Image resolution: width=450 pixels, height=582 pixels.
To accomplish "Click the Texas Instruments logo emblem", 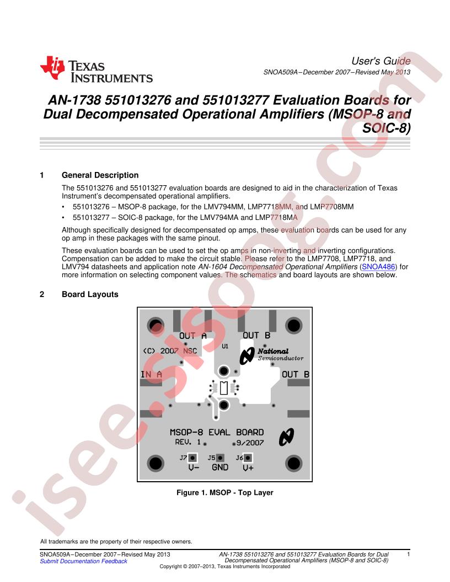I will [x=52, y=68].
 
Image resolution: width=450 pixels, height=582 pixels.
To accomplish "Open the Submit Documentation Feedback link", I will [x=83, y=561].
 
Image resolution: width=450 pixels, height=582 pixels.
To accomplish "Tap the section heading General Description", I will [x=100, y=175].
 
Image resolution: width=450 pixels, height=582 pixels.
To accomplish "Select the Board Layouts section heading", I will [x=90, y=294].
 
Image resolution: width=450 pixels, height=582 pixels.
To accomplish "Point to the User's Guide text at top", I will [x=381, y=61].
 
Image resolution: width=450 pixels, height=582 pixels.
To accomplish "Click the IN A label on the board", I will [x=151, y=374].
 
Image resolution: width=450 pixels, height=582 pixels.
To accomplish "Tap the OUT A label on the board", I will [x=193, y=336].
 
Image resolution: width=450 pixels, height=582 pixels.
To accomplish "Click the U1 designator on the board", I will [x=224, y=347].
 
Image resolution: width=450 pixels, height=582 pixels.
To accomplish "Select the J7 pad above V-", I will [x=192, y=457].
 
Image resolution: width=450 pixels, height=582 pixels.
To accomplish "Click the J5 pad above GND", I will [x=220, y=457].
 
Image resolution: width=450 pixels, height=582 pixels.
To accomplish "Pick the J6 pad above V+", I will [x=248, y=457].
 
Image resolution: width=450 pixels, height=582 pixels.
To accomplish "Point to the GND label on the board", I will [x=220, y=468].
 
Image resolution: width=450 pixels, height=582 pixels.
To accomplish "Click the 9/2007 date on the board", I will [x=250, y=442].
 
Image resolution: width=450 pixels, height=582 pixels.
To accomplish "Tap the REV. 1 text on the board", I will [x=188, y=442].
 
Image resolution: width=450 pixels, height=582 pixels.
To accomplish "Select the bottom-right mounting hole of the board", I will [x=293, y=461].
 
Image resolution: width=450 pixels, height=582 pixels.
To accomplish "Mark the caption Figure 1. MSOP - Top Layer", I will [x=225, y=493].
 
